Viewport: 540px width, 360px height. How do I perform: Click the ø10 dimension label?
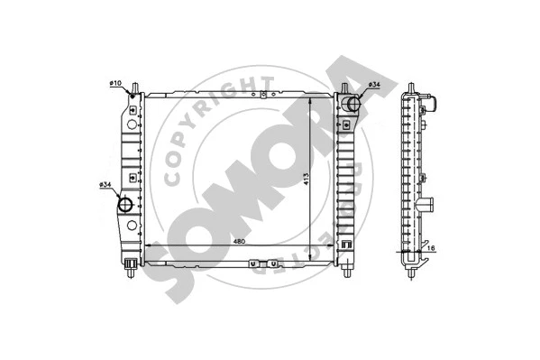pos(115,84)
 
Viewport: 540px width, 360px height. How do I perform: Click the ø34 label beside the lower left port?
pos(105,186)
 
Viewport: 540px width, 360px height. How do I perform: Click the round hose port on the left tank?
pos(125,204)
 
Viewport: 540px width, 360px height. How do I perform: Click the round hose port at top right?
pos(352,105)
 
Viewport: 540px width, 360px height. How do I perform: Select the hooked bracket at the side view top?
pos(432,101)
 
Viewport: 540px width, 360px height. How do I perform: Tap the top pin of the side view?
pos(414,87)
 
